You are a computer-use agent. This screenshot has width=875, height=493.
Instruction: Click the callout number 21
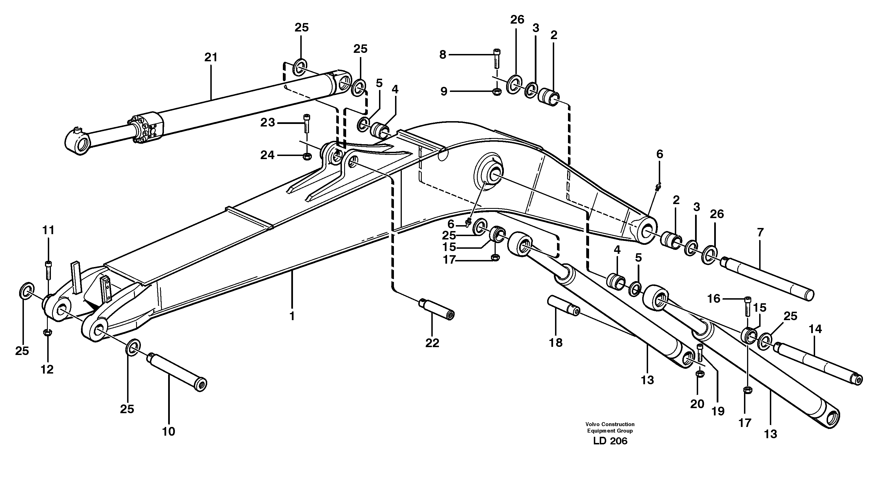click(x=211, y=57)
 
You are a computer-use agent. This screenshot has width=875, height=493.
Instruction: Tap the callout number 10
click(x=168, y=432)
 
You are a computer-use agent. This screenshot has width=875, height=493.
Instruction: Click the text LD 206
click(x=610, y=441)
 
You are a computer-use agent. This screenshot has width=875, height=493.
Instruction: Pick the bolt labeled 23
click(x=307, y=123)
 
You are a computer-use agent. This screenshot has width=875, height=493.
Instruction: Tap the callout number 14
click(x=815, y=329)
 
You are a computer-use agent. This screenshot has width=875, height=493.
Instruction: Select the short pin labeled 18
click(x=563, y=306)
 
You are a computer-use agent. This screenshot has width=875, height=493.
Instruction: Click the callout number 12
click(x=47, y=370)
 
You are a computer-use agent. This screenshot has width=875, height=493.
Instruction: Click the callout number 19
click(x=718, y=411)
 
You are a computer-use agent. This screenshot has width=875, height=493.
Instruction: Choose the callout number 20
click(x=697, y=404)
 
